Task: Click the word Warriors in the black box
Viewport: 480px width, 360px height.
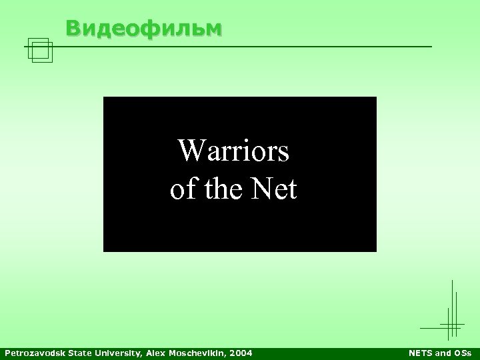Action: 233,152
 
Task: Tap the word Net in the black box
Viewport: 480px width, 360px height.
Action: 275,190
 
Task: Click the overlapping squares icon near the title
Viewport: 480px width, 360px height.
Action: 41,50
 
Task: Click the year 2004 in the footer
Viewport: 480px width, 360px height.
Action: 241,352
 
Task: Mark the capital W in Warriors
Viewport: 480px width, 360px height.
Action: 189,152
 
